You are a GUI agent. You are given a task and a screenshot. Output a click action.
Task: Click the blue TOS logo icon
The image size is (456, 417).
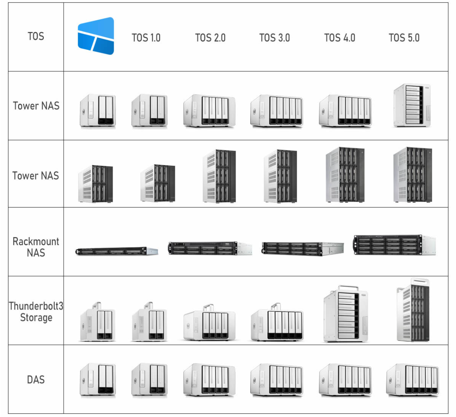coord(96,36)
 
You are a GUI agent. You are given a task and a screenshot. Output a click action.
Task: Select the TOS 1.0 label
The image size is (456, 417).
coord(146,38)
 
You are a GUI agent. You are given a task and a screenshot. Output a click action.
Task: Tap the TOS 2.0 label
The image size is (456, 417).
coord(210,38)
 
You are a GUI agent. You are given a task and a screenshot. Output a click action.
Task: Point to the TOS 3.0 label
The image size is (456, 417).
coord(275,38)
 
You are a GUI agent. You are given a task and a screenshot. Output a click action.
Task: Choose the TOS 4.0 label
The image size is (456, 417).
coord(339,38)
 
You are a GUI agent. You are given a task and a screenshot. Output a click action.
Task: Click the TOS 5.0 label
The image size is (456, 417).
coord(404,38)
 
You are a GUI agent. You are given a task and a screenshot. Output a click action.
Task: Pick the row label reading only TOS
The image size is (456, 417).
coord(36,36)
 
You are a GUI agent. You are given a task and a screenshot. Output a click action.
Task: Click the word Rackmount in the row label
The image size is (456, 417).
coord(36,242)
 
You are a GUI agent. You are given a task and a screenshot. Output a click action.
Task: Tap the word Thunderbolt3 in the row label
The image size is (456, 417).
coord(36,306)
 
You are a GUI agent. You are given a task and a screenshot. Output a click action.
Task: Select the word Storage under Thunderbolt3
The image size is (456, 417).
coord(36,317)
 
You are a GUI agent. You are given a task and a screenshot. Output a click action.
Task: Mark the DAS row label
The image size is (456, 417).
coord(36,380)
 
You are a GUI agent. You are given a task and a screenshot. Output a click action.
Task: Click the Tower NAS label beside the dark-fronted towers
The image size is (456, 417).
coord(36,175)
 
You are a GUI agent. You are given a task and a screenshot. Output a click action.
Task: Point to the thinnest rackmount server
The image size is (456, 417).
coord(116,251)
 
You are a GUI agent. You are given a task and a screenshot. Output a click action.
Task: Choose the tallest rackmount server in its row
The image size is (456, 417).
coord(394,245)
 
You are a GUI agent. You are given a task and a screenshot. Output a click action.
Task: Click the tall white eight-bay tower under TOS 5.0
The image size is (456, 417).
coord(412,105)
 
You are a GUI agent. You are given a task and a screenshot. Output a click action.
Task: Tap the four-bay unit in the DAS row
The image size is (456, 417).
coord(209,380)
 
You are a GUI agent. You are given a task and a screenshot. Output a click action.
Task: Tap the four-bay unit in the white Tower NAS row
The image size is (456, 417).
coord(209,110)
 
